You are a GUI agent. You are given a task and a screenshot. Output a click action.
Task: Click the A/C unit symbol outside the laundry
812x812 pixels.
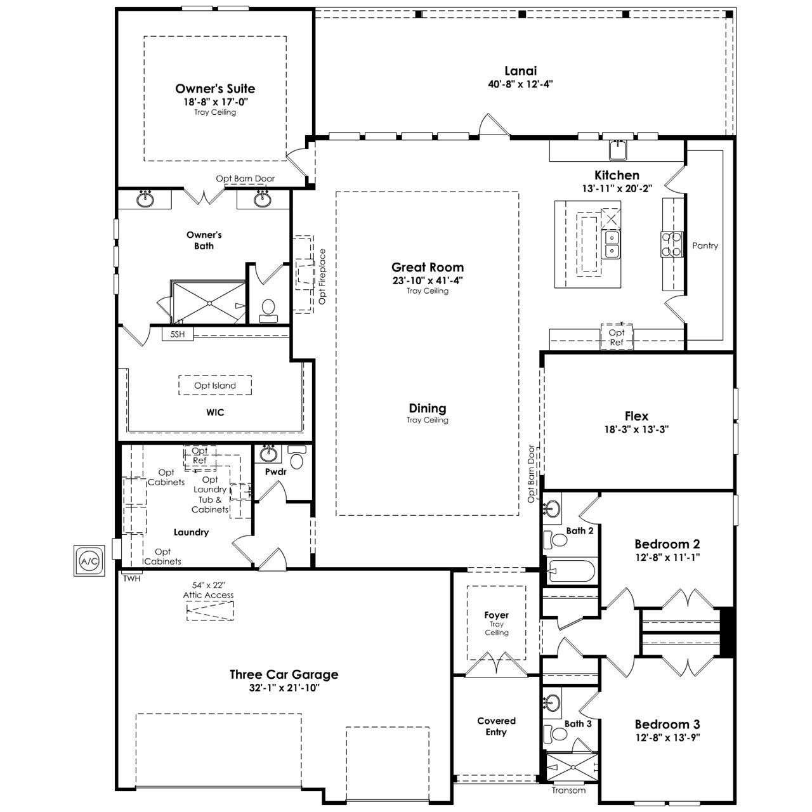point(89,561)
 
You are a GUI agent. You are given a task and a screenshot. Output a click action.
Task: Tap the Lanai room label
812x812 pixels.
point(520,70)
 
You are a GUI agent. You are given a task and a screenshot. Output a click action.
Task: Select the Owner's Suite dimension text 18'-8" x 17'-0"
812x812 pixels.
point(215,101)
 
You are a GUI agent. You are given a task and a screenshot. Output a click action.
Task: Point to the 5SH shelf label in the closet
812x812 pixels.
point(178,334)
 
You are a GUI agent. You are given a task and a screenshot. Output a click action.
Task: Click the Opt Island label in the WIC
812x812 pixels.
point(215,385)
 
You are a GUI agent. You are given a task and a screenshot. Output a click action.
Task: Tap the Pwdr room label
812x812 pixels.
point(275,472)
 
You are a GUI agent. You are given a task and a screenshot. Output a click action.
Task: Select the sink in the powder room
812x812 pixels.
point(268,454)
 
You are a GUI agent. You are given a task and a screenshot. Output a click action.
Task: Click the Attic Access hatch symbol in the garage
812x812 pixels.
point(210,610)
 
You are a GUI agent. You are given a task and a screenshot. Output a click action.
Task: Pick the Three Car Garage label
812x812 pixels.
point(284,674)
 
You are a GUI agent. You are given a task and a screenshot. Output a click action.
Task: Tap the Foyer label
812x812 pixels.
point(496,615)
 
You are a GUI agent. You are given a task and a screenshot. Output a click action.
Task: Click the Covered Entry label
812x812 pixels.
point(496,726)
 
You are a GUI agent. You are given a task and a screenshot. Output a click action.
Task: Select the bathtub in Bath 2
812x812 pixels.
point(572,571)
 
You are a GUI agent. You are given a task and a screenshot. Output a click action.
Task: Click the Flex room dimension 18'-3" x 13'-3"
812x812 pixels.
point(636,429)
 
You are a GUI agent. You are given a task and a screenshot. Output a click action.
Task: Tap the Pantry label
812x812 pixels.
point(705,246)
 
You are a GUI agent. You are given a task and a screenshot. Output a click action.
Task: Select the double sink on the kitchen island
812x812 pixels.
point(611,244)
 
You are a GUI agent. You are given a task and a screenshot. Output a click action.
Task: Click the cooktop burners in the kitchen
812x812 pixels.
point(672,244)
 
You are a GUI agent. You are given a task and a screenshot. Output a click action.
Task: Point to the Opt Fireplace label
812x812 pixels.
point(322,277)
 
